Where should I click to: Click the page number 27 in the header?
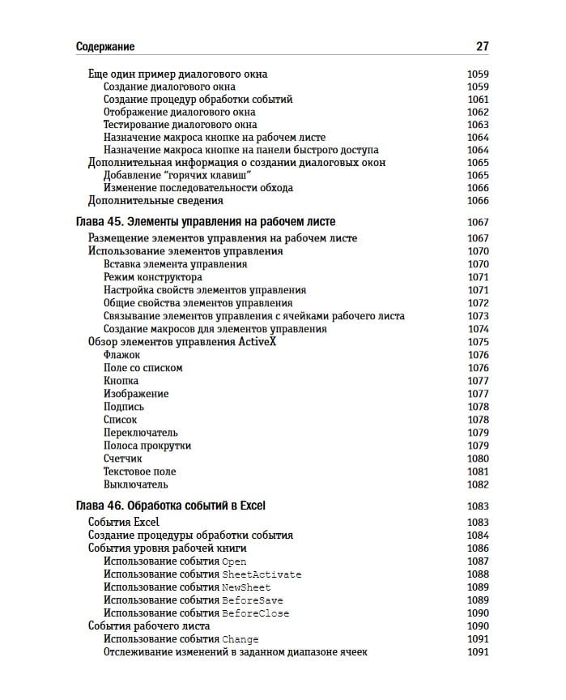(x=482, y=47)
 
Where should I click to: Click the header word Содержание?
(x=105, y=47)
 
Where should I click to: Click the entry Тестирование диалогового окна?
(x=181, y=125)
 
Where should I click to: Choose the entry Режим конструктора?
(x=153, y=277)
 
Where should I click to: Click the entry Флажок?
(x=121, y=355)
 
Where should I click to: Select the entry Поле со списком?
(x=143, y=368)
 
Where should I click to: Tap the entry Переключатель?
(x=141, y=433)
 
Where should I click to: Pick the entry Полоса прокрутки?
(x=147, y=446)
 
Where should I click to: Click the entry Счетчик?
(x=123, y=459)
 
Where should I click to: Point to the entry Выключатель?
(x=136, y=484)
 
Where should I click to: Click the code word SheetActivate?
(x=262, y=574)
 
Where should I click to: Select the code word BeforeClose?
(x=255, y=613)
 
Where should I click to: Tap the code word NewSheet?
(x=246, y=587)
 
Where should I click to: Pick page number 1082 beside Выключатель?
(x=478, y=484)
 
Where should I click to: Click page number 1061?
(x=478, y=100)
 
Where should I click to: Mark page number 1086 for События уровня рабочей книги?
(x=478, y=548)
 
